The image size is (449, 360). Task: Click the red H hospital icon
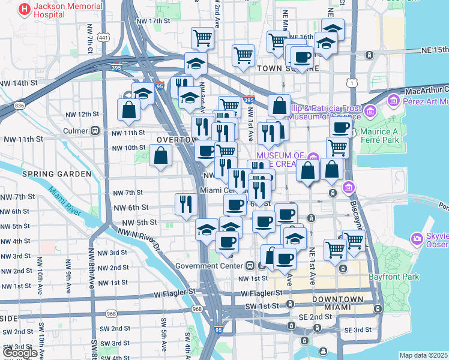point(25,9)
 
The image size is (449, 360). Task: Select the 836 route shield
point(20,106)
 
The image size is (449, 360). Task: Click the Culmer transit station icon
point(95,130)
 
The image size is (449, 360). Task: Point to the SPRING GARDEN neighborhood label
point(56,174)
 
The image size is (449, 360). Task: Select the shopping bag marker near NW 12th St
point(129,109)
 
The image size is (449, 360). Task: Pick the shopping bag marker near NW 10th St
point(161,156)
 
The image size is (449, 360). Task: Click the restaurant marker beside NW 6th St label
point(186,203)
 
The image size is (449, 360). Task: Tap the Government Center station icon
point(250,266)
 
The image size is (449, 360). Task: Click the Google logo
point(20,352)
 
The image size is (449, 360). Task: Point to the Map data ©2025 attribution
point(423,355)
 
